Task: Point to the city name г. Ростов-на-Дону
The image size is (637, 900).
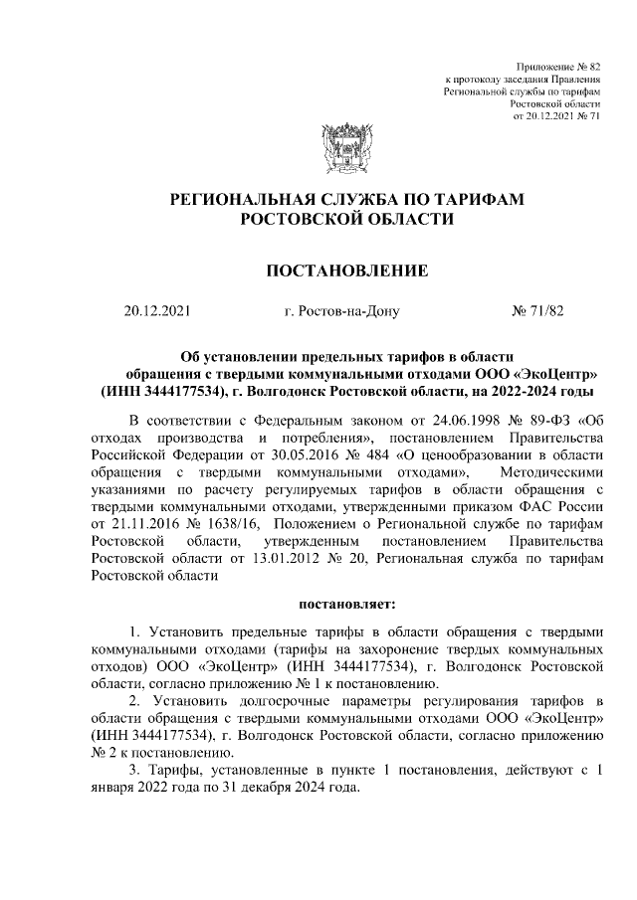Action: pyautogui.click(x=341, y=311)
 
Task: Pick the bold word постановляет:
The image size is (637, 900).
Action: pyautogui.click(x=346, y=603)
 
